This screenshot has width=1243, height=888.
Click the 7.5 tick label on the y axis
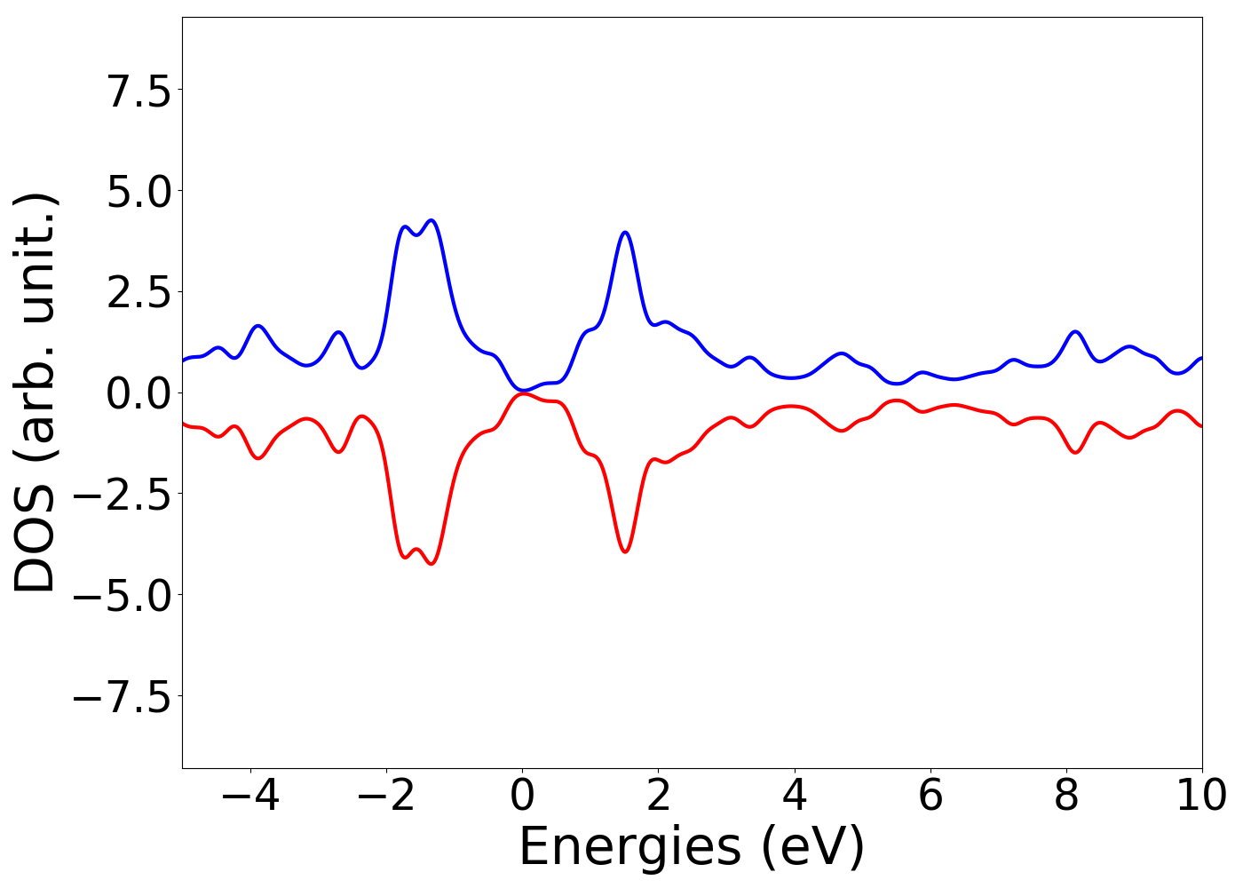tap(139, 91)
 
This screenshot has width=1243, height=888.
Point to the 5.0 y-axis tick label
tap(139, 192)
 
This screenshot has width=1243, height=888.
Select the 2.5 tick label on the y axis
tap(139, 293)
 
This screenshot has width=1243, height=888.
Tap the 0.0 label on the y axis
tap(139, 393)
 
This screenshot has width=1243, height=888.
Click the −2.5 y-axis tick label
tap(122, 495)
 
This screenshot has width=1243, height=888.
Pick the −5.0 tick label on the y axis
tap(122, 596)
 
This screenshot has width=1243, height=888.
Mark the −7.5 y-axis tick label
tap(122, 697)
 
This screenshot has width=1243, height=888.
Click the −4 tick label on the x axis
tap(250, 796)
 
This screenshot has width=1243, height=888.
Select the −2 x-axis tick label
tap(386, 796)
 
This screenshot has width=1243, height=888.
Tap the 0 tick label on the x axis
tap(522, 796)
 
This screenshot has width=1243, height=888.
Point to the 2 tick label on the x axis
tap(658, 796)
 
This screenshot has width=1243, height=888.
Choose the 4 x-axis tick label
tap(794, 796)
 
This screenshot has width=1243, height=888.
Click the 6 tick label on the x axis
tap(930, 796)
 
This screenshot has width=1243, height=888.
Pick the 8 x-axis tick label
tap(1065, 796)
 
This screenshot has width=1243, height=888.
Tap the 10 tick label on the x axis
tap(1201, 796)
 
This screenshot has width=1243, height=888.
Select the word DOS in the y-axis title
tap(36, 542)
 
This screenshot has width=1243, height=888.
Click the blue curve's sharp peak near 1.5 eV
tap(625, 233)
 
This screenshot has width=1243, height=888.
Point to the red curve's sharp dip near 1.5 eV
tap(625, 551)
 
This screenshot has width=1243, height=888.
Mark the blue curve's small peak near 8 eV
tap(1075, 332)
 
